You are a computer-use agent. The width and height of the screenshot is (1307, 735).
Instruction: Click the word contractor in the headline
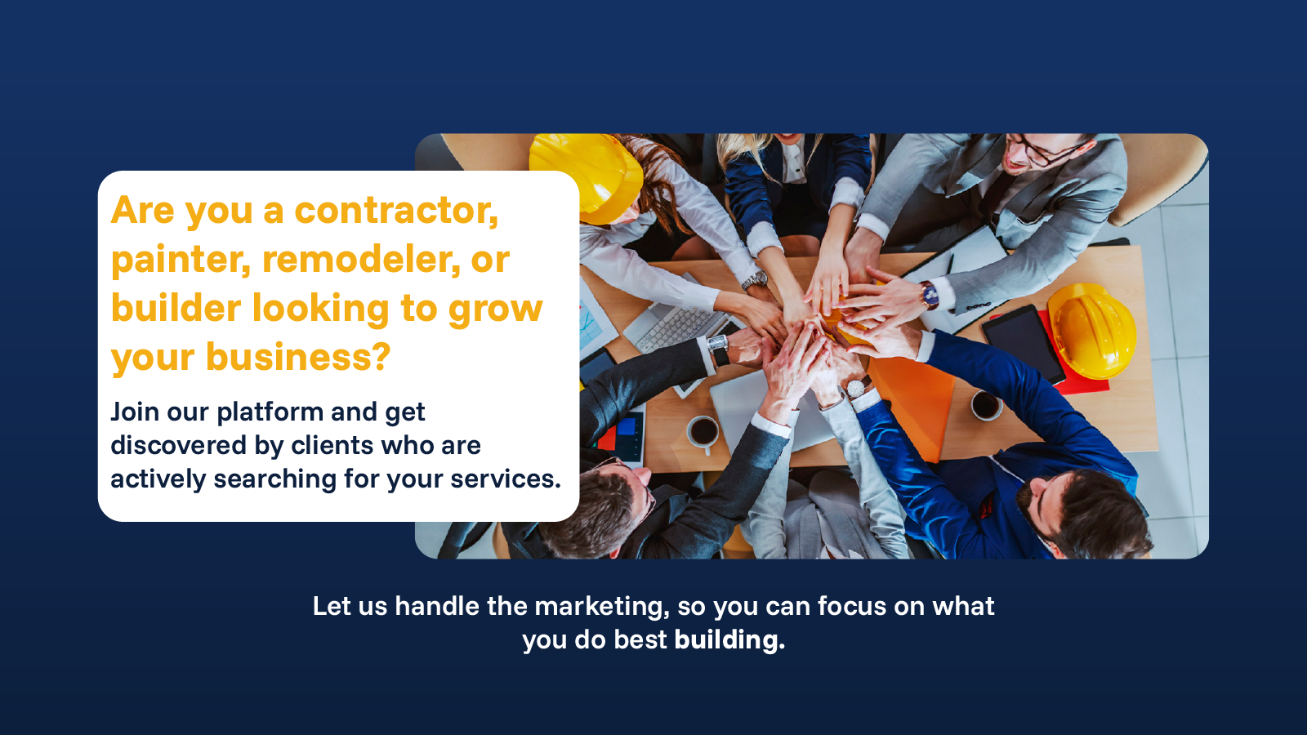(x=396, y=210)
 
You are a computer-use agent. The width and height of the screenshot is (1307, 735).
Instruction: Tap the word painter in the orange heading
(x=181, y=260)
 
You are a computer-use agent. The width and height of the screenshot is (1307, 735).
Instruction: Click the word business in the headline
(x=298, y=356)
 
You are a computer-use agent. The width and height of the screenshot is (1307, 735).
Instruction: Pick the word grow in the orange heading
(x=495, y=310)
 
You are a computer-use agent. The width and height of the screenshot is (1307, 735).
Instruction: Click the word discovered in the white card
(x=178, y=446)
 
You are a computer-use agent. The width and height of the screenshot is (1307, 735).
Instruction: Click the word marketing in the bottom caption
(x=602, y=608)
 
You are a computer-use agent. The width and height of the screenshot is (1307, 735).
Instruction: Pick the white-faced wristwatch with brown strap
(x=857, y=387)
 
